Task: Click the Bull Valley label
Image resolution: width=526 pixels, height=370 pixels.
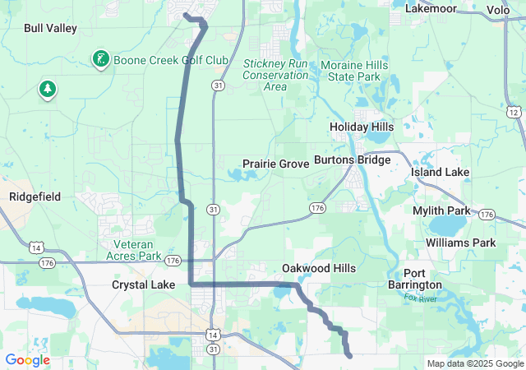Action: click(x=50, y=28)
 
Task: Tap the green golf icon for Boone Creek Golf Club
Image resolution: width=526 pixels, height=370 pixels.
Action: click(x=99, y=59)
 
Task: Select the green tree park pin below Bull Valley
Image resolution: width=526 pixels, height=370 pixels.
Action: click(x=47, y=89)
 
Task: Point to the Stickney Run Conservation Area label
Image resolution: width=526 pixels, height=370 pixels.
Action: click(x=276, y=75)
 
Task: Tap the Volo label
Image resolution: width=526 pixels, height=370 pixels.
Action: click(x=498, y=10)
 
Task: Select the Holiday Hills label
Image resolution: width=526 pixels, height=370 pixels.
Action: click(x=362, y=127)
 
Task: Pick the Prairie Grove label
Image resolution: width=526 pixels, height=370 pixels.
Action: click(x=275, y=164)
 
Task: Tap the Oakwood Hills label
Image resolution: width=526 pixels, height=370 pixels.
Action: click(x=319, y=269)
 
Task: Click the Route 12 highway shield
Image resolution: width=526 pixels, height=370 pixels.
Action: click(x=514, y=112)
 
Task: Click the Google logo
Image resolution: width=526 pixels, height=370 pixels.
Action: click(x=27, y=360)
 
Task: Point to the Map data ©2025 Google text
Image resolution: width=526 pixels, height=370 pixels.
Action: click(x=474, y=363)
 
